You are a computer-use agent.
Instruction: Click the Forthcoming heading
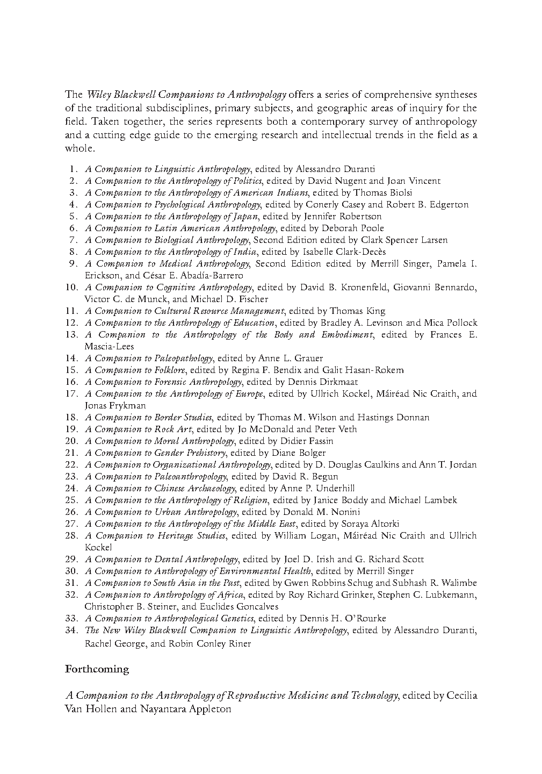(97, 669)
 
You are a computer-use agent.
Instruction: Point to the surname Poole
(372, 228)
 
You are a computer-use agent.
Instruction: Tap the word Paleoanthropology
(190, 477)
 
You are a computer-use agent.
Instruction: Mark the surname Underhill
(335, 489)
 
